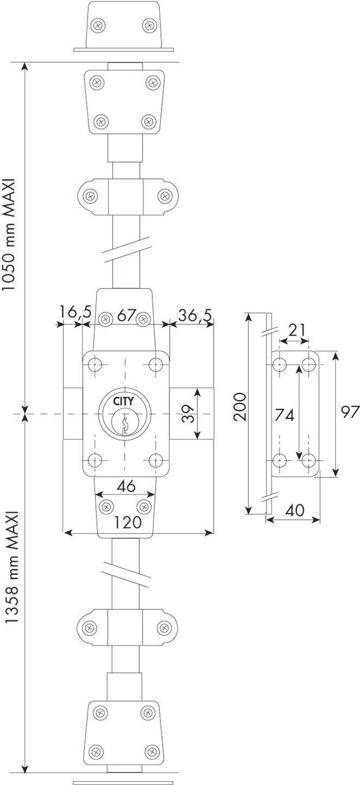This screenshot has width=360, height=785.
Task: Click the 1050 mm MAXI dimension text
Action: click(x=8, y=235)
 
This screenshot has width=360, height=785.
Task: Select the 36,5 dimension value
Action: click(x=195, y=315)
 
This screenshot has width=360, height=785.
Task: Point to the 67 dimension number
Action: click(x=126, y=315)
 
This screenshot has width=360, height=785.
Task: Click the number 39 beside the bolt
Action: click(x=189, y=414)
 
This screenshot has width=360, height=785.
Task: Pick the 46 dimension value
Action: click(x=126, y=485)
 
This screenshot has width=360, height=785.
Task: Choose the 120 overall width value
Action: click(x=128, y=522)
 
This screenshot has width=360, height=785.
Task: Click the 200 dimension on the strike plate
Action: click(x=240, y=407)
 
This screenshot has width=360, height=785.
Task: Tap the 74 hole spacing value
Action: click(x=284, y=415)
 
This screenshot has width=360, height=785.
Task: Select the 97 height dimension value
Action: click(x=351, y=412)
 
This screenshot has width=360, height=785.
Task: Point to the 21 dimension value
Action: click(x=297, y=330)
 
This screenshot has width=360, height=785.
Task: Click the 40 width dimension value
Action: click(x=295, y=510)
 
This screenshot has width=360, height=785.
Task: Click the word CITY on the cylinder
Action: click(x=123, y=401)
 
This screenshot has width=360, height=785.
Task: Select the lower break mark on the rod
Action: click(x=126, y=574)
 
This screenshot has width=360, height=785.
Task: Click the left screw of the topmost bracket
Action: click(x=97, y=25)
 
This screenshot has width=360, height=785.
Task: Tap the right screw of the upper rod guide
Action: click(x=163, y=196)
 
